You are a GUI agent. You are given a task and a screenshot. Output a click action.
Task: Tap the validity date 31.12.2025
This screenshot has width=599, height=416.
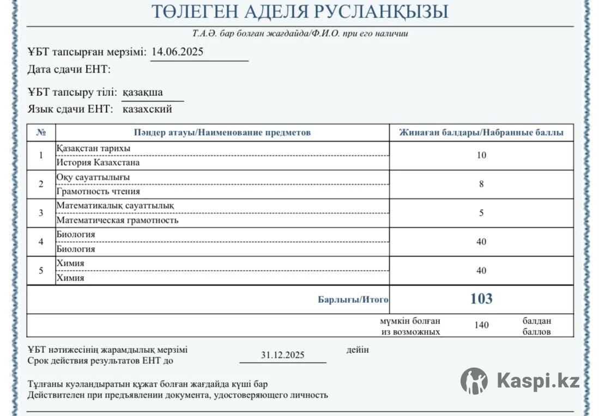tap(282, 355)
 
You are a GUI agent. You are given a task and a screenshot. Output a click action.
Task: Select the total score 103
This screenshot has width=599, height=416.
tap(481, 298)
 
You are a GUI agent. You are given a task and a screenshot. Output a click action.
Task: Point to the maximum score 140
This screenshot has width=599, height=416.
tap(481, 325)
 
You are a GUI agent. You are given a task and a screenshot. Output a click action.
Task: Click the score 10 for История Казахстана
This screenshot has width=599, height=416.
tap(481, 155)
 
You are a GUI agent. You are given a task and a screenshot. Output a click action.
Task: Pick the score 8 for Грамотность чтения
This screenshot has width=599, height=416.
tap(481, 184)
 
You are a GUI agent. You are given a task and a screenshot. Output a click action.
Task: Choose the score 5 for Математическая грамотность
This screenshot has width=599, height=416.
tap(481, 213)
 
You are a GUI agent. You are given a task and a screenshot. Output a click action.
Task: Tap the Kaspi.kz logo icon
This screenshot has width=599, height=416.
tap(474, 381)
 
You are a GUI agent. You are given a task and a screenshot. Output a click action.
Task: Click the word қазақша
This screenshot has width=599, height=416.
tap(143, 92)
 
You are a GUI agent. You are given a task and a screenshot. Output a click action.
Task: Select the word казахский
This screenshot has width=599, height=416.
tap(147, 109)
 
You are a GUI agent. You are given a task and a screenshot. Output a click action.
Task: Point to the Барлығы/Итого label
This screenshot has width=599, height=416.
tap(353, 299)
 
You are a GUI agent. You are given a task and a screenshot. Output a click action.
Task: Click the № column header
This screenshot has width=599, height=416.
tap(41, 132)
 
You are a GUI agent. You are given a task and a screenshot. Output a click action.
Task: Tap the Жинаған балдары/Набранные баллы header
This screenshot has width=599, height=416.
tap(481, 132)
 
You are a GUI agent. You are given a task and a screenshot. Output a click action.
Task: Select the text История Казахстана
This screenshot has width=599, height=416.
tap(98, 162)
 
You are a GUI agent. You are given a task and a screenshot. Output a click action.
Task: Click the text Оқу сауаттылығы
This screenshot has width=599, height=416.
tap(93, 177)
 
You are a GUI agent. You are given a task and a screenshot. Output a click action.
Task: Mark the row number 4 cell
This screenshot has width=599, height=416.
tap(41, 242)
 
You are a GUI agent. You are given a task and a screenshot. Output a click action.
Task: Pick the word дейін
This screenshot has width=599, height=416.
tap(357, 350)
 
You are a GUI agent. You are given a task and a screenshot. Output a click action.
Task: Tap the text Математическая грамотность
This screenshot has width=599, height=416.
tap(117, 221)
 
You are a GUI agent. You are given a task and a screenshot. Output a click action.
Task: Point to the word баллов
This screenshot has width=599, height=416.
tap(536, 332)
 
